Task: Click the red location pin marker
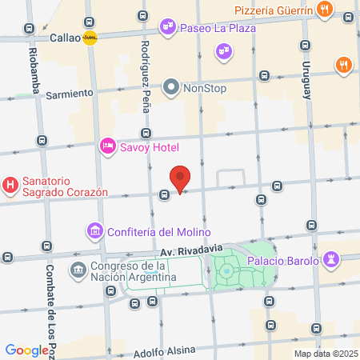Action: pyautogui.click(x=181, y=178)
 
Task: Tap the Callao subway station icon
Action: pyautogui.click(x=90, y=37)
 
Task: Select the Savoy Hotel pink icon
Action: pyautogui.click(x=107, y=146)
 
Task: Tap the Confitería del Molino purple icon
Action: pyautogui.click(x=94, y=232)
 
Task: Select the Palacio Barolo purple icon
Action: pyautogui.click(x=332, y=260)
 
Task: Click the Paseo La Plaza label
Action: pyautogui.click(x=218, y=27)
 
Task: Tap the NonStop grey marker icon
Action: pyautogui.click(x=171, y=86)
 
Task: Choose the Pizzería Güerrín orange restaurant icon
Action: pyautogui.click(x=323, y=10)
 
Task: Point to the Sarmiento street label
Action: pyautogui.click(x=70, y=94)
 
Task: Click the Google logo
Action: pyautogui.click(x=27, y=350)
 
